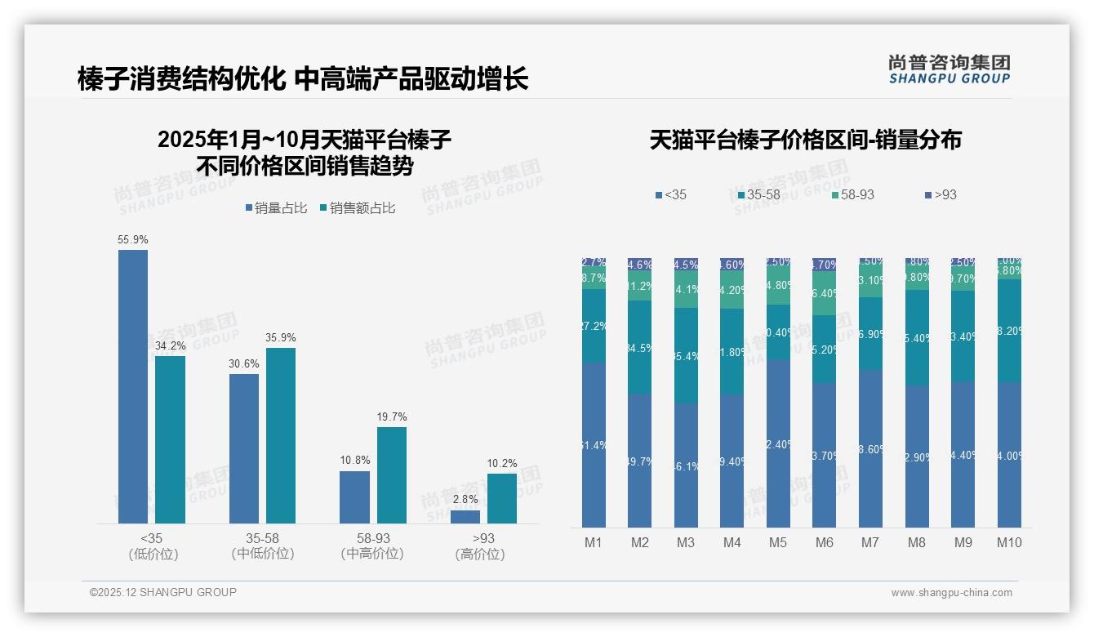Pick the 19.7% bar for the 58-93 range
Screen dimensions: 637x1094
tap(391, 475)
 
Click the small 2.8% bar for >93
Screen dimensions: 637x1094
tap(465, 517)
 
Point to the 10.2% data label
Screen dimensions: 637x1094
tap(502, 464)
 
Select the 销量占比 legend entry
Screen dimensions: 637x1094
tap(276, 208)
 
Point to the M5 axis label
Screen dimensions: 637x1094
tap(778, 542)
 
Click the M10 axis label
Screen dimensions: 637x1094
tap(1009, 542)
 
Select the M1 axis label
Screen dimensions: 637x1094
tap(594, 542)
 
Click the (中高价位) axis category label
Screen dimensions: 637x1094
tap(372, 554)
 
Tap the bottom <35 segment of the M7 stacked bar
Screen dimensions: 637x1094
tap(870, 448)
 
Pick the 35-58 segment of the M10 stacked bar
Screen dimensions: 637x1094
tap(1009, 331)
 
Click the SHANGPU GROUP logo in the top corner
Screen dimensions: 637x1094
tap(949, 69)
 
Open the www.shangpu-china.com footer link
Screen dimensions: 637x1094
tap(951, 593)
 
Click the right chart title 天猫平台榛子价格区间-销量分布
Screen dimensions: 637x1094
tap(805, 140)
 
